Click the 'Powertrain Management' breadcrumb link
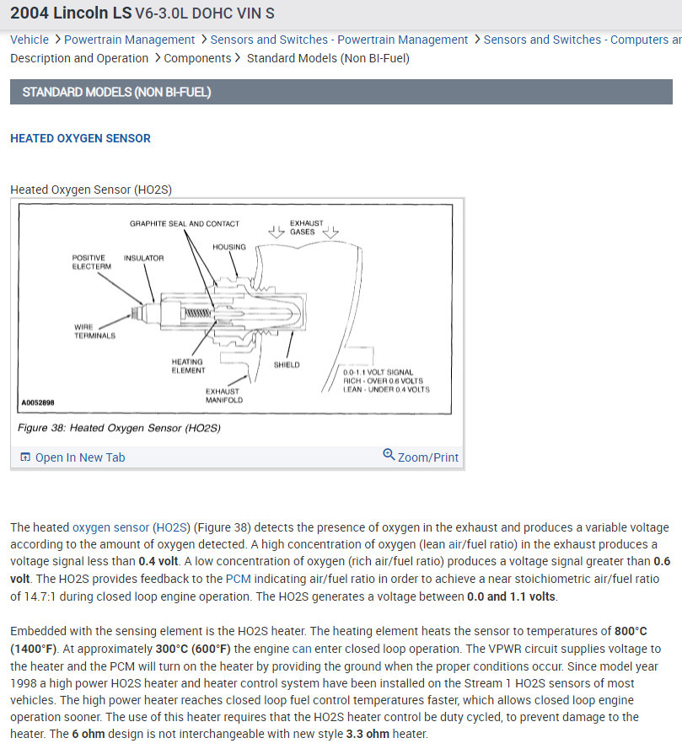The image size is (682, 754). [x=129, y=40]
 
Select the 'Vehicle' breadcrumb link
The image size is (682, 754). [x=30, y=40]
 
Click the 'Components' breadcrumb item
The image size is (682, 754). [x=197, y=58]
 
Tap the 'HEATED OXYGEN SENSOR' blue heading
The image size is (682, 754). [x=80, y=138]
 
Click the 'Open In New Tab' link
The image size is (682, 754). [x=79, y=457]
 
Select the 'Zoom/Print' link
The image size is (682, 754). [x=427, y=457]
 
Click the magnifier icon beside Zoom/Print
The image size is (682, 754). [x=389, y=455]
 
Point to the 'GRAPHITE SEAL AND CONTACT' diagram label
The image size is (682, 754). [x=184, y=224]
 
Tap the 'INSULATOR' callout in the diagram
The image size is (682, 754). [x=143, y=258]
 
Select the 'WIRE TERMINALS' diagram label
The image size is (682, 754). [x=94, y=331]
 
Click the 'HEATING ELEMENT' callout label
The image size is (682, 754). [x=188, y=366]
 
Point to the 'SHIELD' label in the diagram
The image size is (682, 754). [x=287, y=365]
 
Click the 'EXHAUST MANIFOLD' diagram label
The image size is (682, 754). [x=223, y=395]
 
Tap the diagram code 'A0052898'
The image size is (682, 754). [x=37, y=404]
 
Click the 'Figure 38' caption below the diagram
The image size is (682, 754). [x=119, y=428]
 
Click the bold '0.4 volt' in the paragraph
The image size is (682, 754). [x=161, y=562]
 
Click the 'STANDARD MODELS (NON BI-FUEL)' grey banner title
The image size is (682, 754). [x=116, y=92]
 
